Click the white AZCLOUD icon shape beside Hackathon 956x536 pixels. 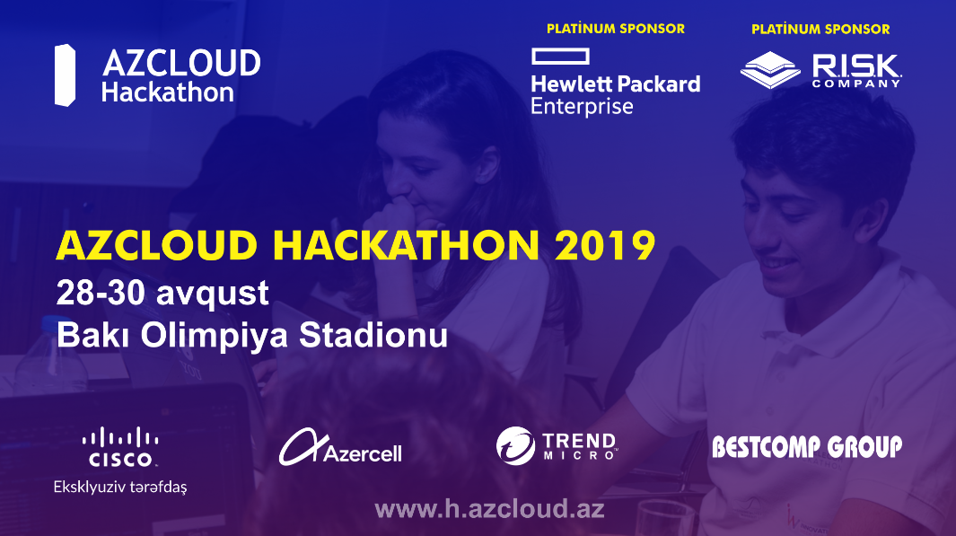click(65, 75)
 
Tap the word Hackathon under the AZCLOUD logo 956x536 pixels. click(168, 92)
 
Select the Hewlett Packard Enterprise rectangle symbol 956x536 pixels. click(560, 56)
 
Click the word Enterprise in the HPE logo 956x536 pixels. click(582, 107)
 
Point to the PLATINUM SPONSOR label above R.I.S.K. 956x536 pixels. click(820, 29)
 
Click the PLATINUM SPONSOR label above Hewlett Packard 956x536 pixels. click(615, 29)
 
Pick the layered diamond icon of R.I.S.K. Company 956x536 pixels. click(770, 69)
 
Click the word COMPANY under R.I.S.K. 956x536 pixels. click(856, 83)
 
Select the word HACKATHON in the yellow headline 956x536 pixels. click(406, 245)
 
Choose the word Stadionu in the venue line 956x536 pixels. click(373, 336)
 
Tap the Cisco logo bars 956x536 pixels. click(120, 437)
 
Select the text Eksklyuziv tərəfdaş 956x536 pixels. click(120, 487)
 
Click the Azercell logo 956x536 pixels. click(340, 447)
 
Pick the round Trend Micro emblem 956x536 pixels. click(515, 445)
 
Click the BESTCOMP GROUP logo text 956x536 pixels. click(807, 447)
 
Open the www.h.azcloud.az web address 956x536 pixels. click(489, 509)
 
